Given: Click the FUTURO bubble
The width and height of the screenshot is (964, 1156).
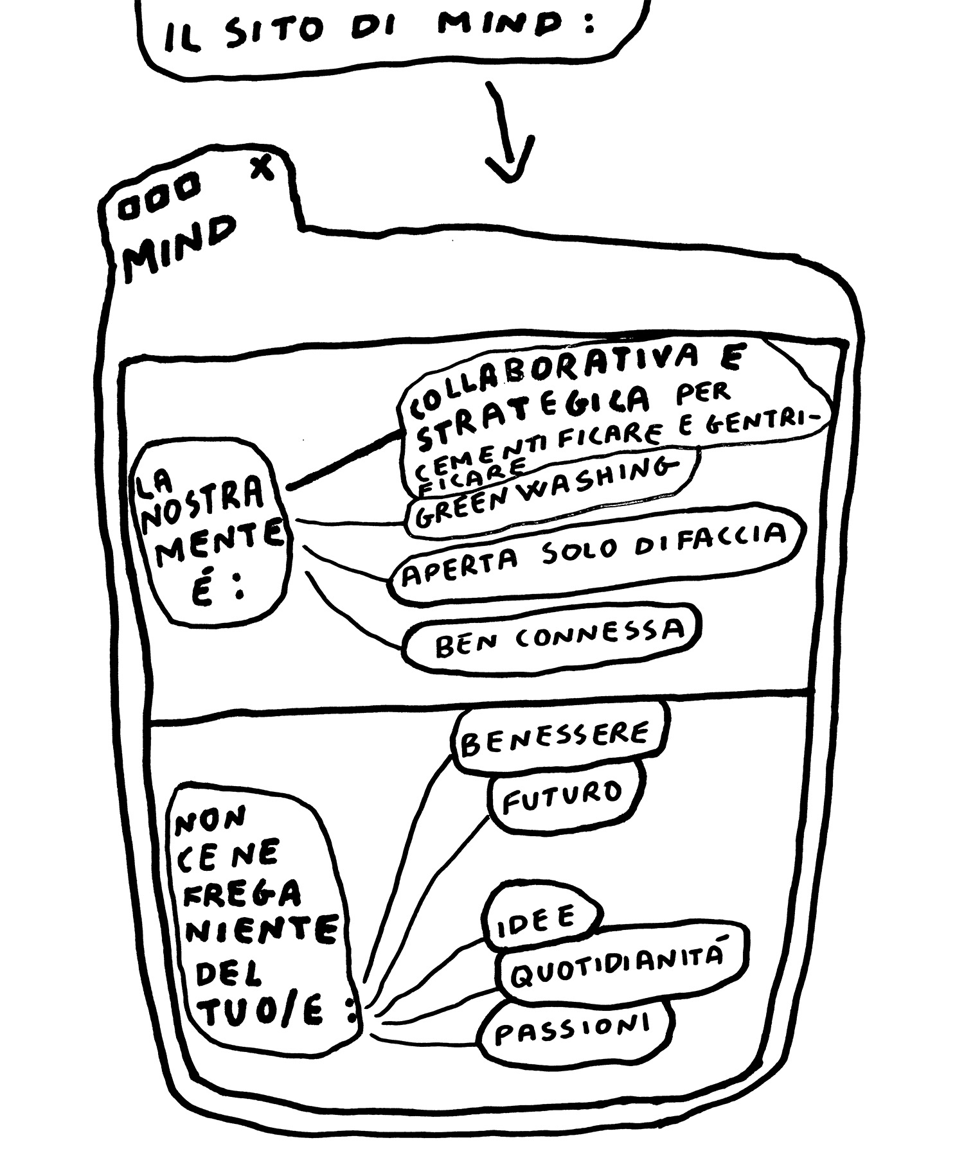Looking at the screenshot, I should point(562,796).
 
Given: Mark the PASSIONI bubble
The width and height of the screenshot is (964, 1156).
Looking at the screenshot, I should point(572,1029).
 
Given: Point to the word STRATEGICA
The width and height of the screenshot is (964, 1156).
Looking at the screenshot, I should point(533,413).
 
